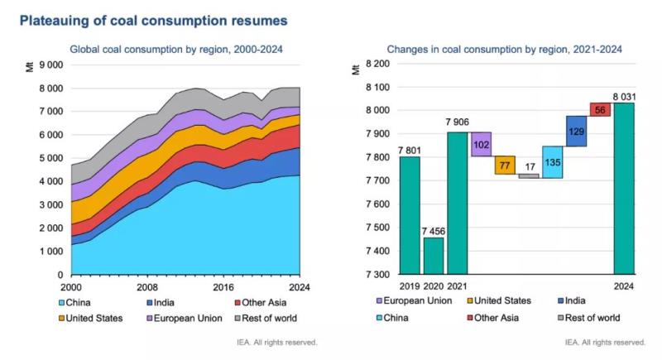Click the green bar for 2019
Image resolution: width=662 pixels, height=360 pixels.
(410, 215)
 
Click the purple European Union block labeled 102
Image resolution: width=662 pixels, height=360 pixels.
(482, 143)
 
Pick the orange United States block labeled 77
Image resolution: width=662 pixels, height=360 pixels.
(505, 165)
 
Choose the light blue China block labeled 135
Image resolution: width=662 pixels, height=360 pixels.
(552, 162)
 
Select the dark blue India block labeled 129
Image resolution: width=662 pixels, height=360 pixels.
(576, 131)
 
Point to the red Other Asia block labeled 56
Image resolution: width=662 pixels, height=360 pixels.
(600, 110)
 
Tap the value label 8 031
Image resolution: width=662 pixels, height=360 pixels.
(626, 95)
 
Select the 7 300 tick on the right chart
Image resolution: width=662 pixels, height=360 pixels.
(377, 275)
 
